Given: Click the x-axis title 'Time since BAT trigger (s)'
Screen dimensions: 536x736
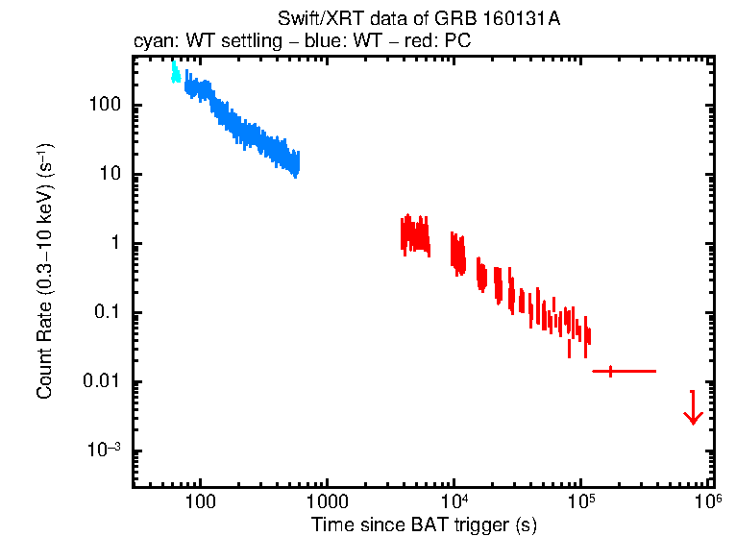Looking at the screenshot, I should point(424,524).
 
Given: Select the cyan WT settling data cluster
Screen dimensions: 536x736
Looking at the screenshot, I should point(175,72).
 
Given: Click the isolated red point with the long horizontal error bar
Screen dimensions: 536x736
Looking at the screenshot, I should point(610,371).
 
